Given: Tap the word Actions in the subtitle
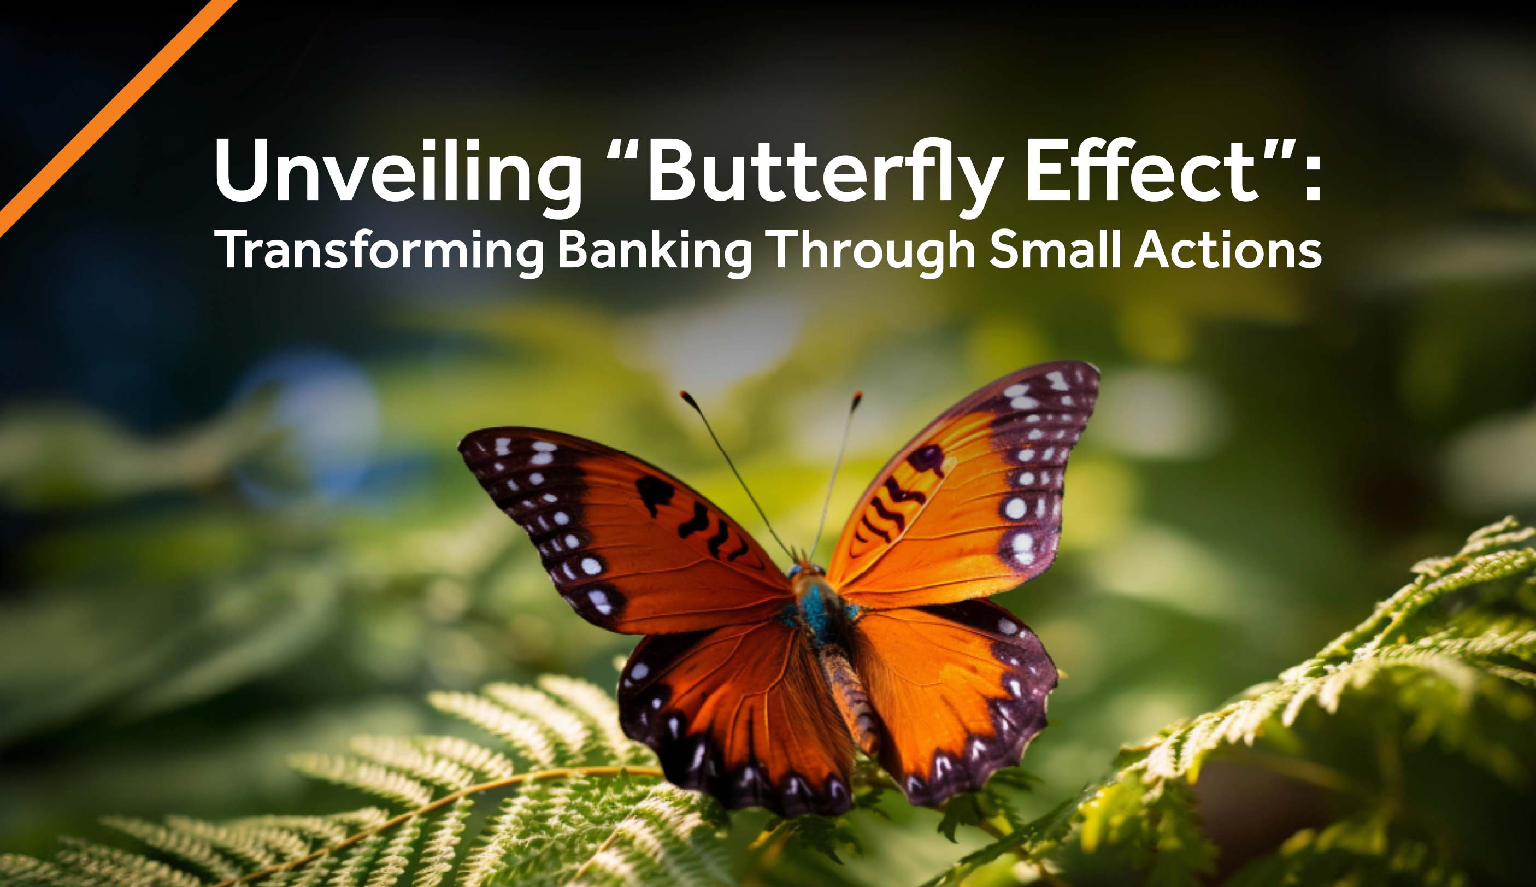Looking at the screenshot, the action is click(1228, 249).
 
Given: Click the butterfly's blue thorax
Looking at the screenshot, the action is click(816, 609).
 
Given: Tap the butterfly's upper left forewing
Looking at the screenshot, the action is click(621, 524).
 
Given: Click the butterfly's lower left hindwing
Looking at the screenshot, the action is click(731, 713).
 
